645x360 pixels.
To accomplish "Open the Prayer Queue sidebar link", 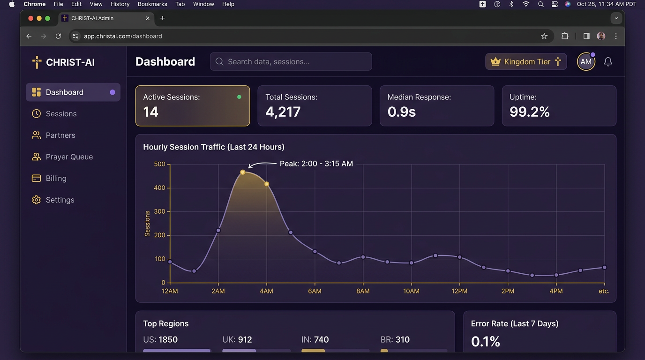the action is click(x=62, y=157).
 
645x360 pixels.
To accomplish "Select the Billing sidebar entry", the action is click(x=49, y=178).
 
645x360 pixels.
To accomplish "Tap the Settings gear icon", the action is click(x=36, y=200).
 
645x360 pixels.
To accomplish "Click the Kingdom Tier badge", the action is click(x=526, y=61).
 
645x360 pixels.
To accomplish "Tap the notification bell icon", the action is click(x=608, y=61).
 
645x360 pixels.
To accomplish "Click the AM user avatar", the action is click(x=586, y=61).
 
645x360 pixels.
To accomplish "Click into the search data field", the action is click(x=291, y=61).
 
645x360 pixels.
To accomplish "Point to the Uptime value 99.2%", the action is click(x=530, y=112).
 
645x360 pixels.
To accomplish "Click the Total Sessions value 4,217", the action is click(x=283, y=112).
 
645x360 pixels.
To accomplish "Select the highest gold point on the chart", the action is click(x=242, y=172).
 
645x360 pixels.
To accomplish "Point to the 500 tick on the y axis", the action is click(x=159, y=164).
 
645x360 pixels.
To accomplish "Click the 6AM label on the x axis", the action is click(x=315, y=291).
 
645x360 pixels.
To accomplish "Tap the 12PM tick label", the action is click(x=459, y=291).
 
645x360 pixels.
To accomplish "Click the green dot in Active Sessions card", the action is click(x=239, y=97).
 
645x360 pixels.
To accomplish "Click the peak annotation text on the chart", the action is click(x=316, y=164).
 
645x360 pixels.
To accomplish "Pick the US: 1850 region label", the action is click(x=160, y=339).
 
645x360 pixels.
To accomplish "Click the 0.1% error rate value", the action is click(x=486, y=342).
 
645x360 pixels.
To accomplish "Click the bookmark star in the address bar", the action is click(x=544, y=36).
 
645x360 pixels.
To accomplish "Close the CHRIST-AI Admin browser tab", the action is click(x=148, y=18).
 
